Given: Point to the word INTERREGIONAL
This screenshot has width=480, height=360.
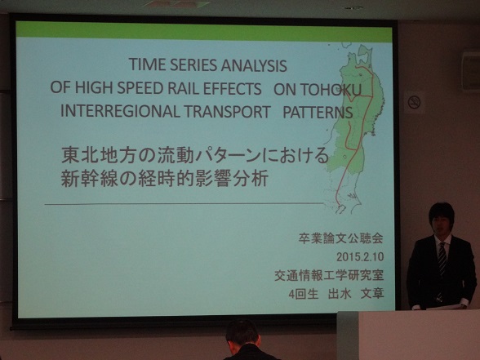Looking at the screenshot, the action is pos(120,111).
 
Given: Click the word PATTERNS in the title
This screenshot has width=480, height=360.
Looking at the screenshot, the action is pos(318,113).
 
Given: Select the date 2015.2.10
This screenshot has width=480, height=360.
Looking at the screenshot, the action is pos(360,257).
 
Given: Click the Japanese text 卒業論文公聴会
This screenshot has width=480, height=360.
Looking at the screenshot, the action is pos(341,238).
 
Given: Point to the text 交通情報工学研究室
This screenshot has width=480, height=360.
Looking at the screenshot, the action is pos(329,275).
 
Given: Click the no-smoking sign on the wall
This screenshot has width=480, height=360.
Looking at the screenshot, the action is pos(415,102).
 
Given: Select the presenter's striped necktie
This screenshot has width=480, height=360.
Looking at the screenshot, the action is pos(442,262).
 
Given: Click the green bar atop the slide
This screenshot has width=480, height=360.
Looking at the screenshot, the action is pos(204,30).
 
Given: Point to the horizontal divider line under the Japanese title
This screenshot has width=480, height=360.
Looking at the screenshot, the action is pos(184,203).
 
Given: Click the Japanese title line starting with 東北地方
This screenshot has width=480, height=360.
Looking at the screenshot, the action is pos(195,155).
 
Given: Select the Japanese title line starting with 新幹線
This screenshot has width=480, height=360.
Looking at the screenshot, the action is pos(165,178).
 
